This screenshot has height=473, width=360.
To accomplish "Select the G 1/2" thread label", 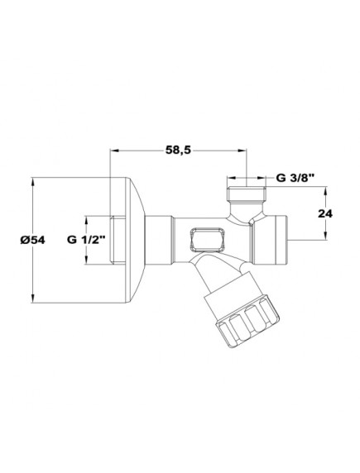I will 80,239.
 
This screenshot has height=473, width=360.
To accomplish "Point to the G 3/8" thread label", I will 295,176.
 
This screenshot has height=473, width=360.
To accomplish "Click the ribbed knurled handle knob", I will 245,322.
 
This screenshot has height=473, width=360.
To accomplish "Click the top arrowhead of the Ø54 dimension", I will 32,179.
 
